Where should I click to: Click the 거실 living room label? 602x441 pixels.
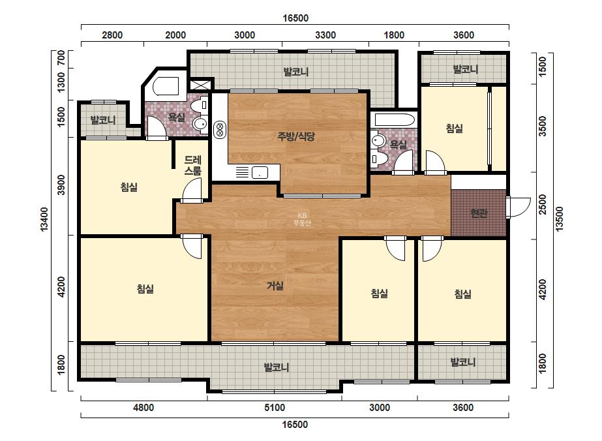275,286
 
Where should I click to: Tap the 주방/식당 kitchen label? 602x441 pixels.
296,136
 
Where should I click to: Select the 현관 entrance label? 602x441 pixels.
479,213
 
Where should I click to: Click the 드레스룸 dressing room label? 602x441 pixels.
192,166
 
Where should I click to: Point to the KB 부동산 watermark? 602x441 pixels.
302,219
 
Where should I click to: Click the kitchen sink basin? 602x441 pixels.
260,172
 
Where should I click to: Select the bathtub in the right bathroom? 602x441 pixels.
395,119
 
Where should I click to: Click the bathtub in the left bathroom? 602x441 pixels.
166,86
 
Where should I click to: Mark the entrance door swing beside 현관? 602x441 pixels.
519,208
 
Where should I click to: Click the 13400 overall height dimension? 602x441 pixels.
44,219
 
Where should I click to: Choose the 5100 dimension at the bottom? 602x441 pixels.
275,408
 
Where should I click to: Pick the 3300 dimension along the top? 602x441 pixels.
325,35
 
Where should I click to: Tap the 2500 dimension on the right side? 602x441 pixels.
542,205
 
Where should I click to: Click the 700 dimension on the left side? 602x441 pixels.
61,59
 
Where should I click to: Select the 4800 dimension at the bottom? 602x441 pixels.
143,408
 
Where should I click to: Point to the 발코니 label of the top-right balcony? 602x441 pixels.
465,70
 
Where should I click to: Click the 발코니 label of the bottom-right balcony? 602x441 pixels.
462,362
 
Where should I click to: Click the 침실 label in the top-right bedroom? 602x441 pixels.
454,129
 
